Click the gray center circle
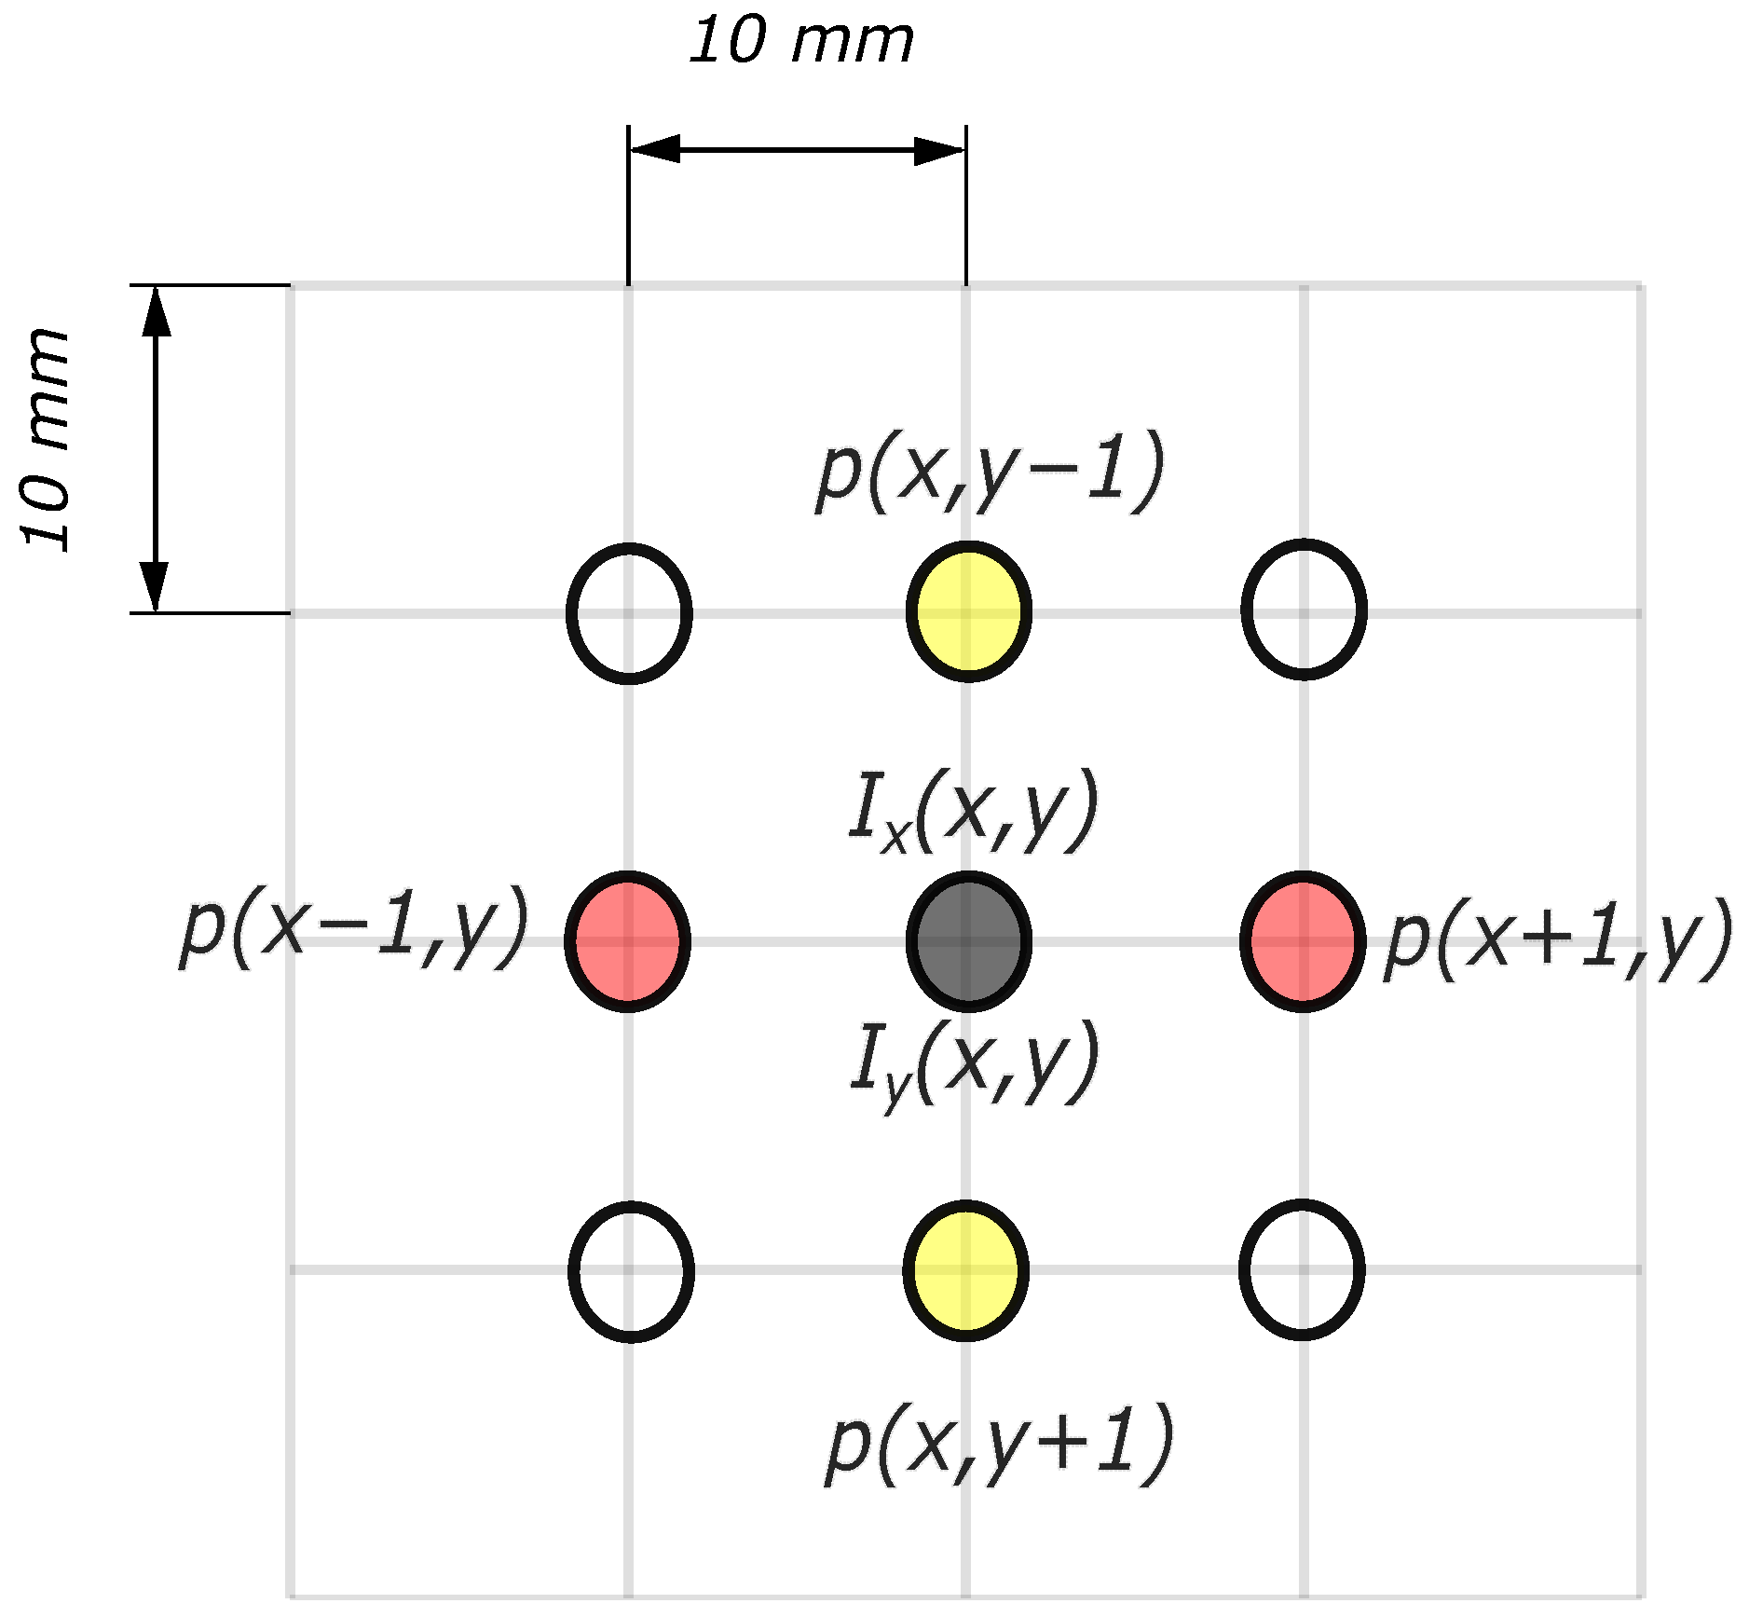pyautogui.click(x=968, y=941)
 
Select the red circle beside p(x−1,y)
pyautogui.click(x=628, y=941)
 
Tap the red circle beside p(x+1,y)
pyautogui.click(x=1303, y=941)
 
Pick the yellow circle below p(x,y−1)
pyautogui.click(x=968, y=611)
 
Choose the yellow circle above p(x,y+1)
pyautogui.click(x=966, y=1270)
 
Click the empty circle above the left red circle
pyautogui.click(x=629, y=612)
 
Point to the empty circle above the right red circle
pyautogui.click(x=1304, y=609)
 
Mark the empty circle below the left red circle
pyautogui.click(x=631, y=1271)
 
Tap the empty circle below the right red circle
pyautogui.click(x=1302, y=1269)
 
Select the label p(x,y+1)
pyautogui.click(x=998, y=1444)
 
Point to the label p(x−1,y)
pyautogui.click(x=354, y=928)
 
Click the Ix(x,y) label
pyautogui.click(x=974, y=811)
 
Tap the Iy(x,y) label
pyautogui.click(x=974, y=1063)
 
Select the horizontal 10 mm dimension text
pyautogui.click(x=801, y=42)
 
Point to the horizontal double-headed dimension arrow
pyautogui.click(x=797, y=149)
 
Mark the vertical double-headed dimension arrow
pyautogui.click(x=155, y=448)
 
